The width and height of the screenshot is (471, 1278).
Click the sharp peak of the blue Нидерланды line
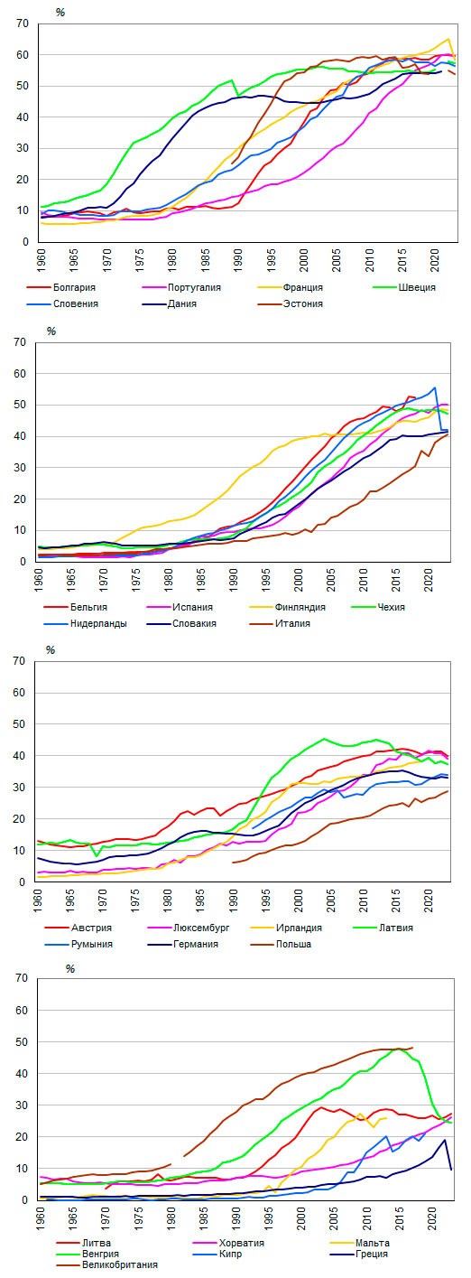[x=435, y=388]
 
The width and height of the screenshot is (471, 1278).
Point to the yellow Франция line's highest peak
[x=448, y=40]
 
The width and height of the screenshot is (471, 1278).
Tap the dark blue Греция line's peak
[x=445, y=1139]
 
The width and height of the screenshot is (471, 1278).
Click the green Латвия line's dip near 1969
[x=97, y=856]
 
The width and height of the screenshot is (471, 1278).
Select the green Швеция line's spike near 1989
[x=232, y=80]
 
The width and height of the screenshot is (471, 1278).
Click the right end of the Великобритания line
[x=412, y=1048]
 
